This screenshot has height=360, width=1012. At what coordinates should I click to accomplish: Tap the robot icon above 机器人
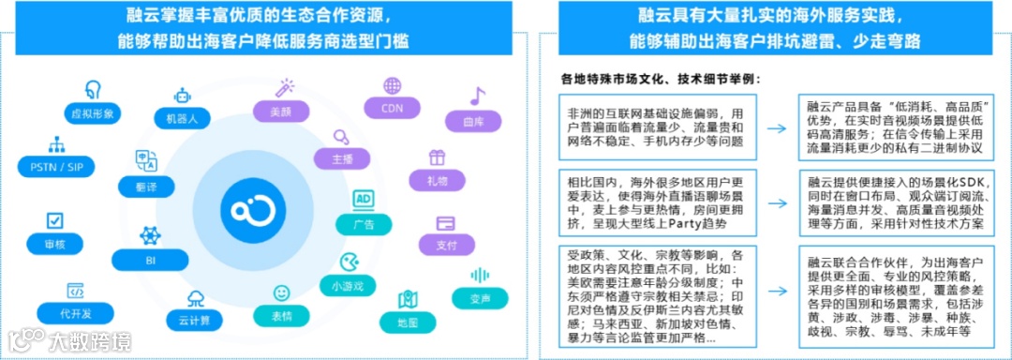182,95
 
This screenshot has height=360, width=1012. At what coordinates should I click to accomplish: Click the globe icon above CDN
392,85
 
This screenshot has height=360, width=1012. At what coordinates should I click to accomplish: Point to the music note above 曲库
478,96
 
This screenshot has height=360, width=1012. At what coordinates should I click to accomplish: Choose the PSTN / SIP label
56,166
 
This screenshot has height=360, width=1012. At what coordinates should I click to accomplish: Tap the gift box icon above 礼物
437,157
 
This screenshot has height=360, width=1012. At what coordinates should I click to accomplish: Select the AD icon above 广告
364,200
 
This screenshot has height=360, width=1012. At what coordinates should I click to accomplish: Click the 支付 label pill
446,245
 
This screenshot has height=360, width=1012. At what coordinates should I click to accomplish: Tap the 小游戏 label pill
347,284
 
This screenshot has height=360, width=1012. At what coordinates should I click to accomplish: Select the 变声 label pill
481,298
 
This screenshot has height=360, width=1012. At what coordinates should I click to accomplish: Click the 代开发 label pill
77,313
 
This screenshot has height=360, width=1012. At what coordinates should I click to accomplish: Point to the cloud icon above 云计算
196,299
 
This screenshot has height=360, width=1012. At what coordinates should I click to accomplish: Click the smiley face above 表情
281,292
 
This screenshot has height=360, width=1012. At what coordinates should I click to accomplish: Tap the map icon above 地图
408,300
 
